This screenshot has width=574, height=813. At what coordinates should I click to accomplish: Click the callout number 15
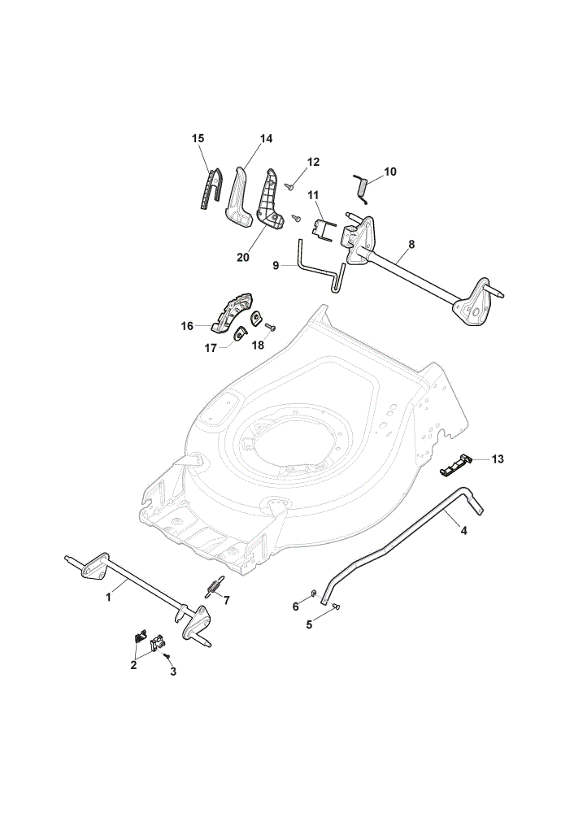pos(198,138)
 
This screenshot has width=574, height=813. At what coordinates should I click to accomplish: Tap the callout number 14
pos(266,138)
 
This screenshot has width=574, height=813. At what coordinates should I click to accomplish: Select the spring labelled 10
pos(362,187)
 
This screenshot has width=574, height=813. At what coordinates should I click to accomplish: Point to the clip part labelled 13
pos(454,463)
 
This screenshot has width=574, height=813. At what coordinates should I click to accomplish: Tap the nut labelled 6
pos(314,593)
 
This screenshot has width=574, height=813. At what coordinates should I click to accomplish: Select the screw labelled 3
pos(167,656)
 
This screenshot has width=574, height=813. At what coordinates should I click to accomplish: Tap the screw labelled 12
pos(291,185)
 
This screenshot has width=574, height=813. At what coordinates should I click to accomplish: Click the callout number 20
pos(242,257)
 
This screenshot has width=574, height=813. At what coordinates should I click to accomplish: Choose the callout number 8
pos(411,244)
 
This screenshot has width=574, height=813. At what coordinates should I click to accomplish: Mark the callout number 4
pos(463,531)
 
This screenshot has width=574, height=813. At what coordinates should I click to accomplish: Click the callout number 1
pos(108,598)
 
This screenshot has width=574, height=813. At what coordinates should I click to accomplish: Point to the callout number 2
pos(133,665)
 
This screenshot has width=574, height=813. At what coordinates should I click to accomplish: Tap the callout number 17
pos(211,349)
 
